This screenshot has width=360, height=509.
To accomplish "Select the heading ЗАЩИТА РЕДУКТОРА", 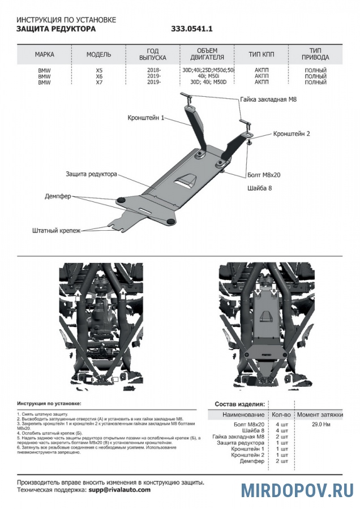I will (56, 28).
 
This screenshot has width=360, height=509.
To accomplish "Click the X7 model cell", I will (99, 82).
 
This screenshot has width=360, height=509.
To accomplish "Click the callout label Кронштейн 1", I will (145, 118).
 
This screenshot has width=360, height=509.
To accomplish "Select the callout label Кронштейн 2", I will (292, 134).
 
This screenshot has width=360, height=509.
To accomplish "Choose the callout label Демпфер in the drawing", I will (58, 196).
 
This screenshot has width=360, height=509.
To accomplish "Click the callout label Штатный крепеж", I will (57, 231).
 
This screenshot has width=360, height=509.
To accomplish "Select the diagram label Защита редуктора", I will (91, 174).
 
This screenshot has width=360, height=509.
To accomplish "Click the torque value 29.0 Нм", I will (322, 424).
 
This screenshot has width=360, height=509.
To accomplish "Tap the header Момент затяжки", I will (320, 415).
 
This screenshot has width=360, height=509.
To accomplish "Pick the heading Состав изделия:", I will (239, 404).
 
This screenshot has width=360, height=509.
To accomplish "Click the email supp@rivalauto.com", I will (119, 490).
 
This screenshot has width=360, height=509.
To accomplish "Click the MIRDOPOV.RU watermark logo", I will (298, 490).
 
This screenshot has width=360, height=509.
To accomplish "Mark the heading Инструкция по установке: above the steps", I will (49, 404).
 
